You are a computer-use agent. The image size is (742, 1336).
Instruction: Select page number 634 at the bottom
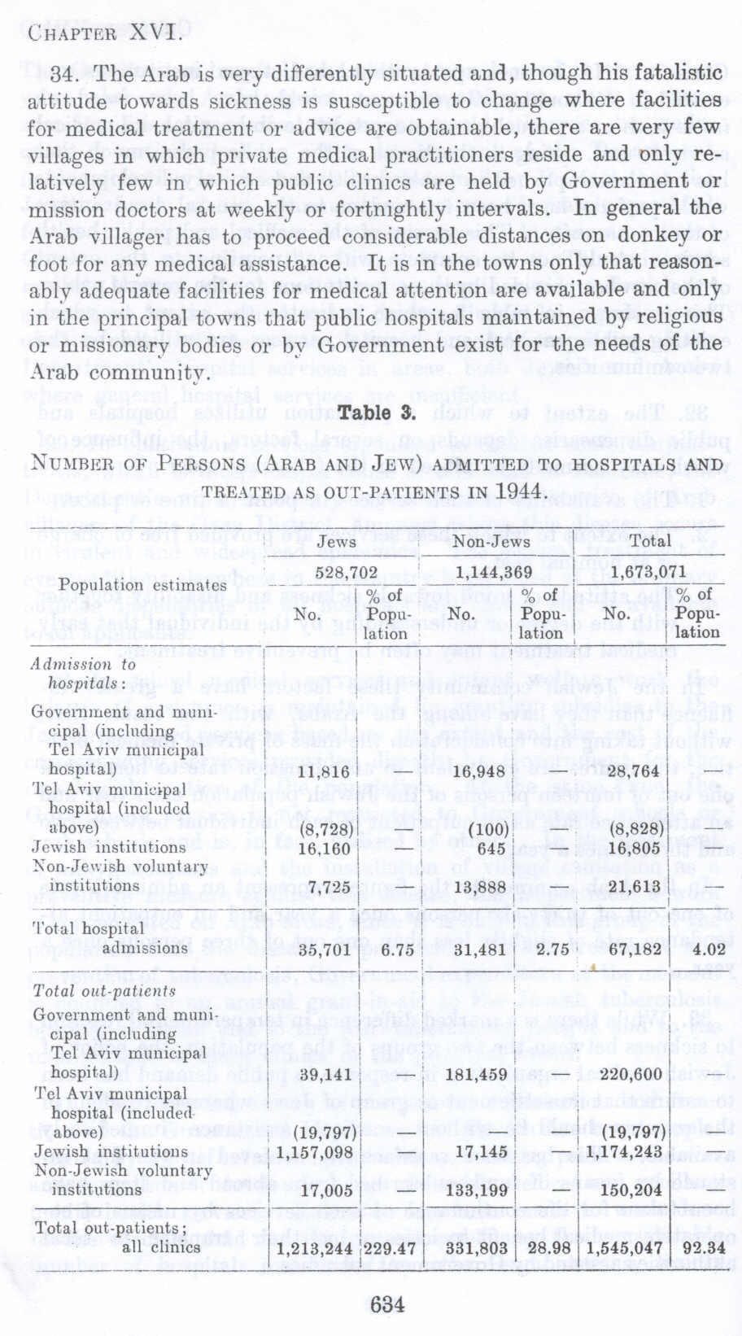point(386,1304)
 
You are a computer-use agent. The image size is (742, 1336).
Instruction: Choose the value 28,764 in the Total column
point(639,771)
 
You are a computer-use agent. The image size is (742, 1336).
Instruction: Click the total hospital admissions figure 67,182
point(639,949)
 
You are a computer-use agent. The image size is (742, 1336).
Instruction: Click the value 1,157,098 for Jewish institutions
point(314,1152)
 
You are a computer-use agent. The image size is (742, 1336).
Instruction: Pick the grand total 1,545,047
point(630,1248)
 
